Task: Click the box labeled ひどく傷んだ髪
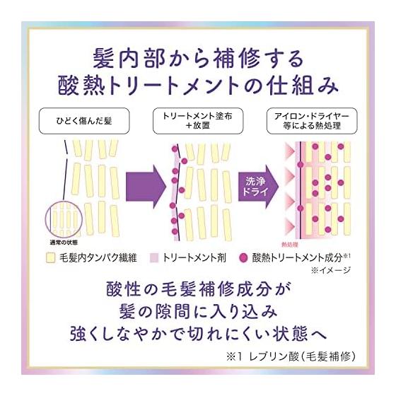[84, 121]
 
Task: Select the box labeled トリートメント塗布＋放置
[198, 121]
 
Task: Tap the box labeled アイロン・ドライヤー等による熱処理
[312, 121]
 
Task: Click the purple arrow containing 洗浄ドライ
[258, 187]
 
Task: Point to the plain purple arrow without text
[146, 187]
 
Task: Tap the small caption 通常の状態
[64, 243]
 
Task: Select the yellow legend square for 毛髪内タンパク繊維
[51, 258]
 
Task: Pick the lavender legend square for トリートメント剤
[154, 258]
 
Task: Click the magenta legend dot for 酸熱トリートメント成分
[243, 258]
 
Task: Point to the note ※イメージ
[331, 270]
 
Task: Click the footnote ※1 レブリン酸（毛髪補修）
[291, 356]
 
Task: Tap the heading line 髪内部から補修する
[198, 59]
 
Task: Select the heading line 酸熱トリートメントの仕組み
[198, 86]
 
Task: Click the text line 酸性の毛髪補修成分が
[198, 289]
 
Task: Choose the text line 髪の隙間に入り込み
[198, 311]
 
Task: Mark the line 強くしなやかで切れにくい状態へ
[198, 333]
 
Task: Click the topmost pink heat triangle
[289, 151]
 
